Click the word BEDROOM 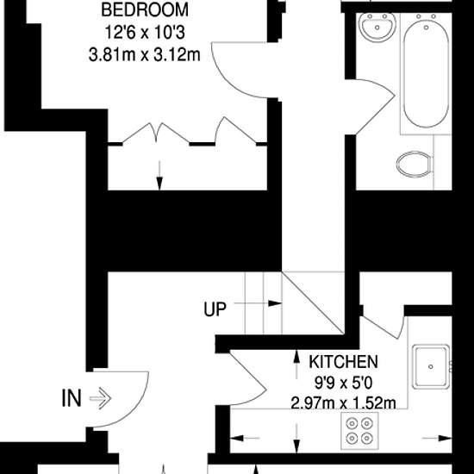coord(145,9)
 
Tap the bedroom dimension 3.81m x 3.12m coord(145,55)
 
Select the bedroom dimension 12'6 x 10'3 coord(145,33)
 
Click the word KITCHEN coord(343,362)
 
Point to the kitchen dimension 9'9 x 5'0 coord(343,384)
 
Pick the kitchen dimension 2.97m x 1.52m coord(343,403)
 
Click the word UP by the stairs coord(215,309)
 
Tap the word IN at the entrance coord(72,398)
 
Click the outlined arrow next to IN coord(100,398)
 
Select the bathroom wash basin coord(377,28)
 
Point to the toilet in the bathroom coord(415,165)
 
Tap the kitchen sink coord(431,366)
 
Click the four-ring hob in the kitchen coord(359,430)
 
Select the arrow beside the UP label coord(258,303)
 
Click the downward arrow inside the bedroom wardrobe coord(159,175)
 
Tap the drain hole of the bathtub coord(426,28)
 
